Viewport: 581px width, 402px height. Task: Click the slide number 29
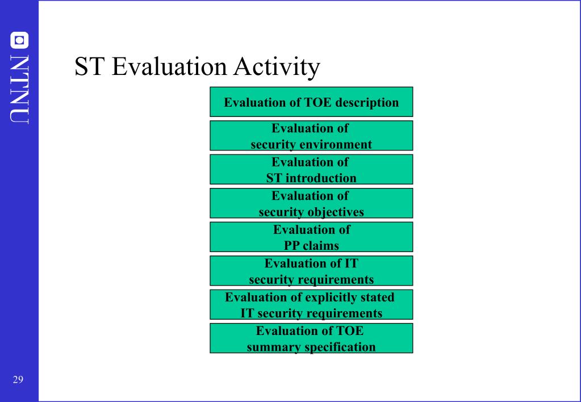[x=18, y=380]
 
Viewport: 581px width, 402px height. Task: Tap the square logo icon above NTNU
[x=19, y=40]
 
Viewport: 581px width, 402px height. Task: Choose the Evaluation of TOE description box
[x=311, y=103]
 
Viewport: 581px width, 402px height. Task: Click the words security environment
[x=311, y=144]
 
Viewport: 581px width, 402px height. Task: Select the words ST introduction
[x=311, y=178]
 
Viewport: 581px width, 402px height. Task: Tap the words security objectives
[x=311, y=212]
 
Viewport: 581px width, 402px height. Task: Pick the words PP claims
[x=311, y=246]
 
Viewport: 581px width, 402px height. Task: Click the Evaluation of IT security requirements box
[x=311, y=271]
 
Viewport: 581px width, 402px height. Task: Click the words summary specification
[x=311, y=347]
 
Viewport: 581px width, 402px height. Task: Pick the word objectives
[x=336, y=212]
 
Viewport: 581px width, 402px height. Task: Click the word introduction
[x=321, y=178]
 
